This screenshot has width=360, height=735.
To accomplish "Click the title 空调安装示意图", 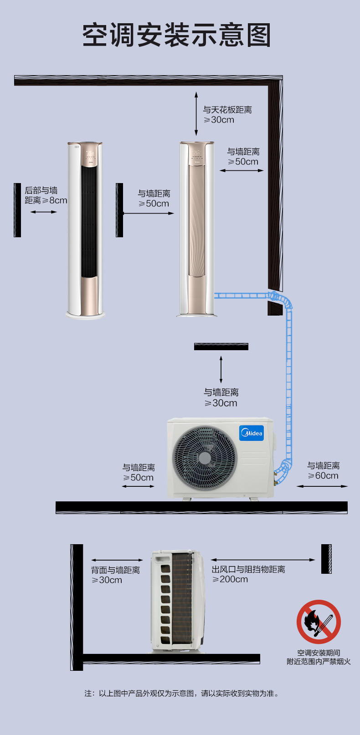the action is point(177,35).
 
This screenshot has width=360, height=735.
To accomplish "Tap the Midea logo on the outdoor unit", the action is point(252,433).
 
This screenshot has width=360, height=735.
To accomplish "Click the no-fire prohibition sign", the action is point(319,622).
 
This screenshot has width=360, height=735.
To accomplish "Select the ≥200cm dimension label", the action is point(230,579).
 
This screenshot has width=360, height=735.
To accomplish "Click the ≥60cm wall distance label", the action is point(323,475).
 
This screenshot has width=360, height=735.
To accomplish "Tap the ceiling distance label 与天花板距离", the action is point(227,110).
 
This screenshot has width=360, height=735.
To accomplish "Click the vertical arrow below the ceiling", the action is point(196,113).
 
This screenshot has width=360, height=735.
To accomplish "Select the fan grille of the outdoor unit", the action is point(205,458).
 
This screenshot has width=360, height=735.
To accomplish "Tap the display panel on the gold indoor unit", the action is point(197,154).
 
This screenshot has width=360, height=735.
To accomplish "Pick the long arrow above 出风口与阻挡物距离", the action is point(263,560).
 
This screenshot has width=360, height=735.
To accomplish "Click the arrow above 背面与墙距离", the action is point(117,560).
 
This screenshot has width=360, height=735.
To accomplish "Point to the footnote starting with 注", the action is point(182,693).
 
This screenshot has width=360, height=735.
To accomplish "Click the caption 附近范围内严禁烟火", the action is point(319,662).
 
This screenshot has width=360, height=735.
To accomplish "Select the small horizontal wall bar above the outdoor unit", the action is point(221,347).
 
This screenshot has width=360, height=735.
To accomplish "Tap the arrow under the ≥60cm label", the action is point(322,486).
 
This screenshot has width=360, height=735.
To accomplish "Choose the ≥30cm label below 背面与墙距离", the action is point(107,580).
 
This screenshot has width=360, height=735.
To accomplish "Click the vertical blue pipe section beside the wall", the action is point(289,384).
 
